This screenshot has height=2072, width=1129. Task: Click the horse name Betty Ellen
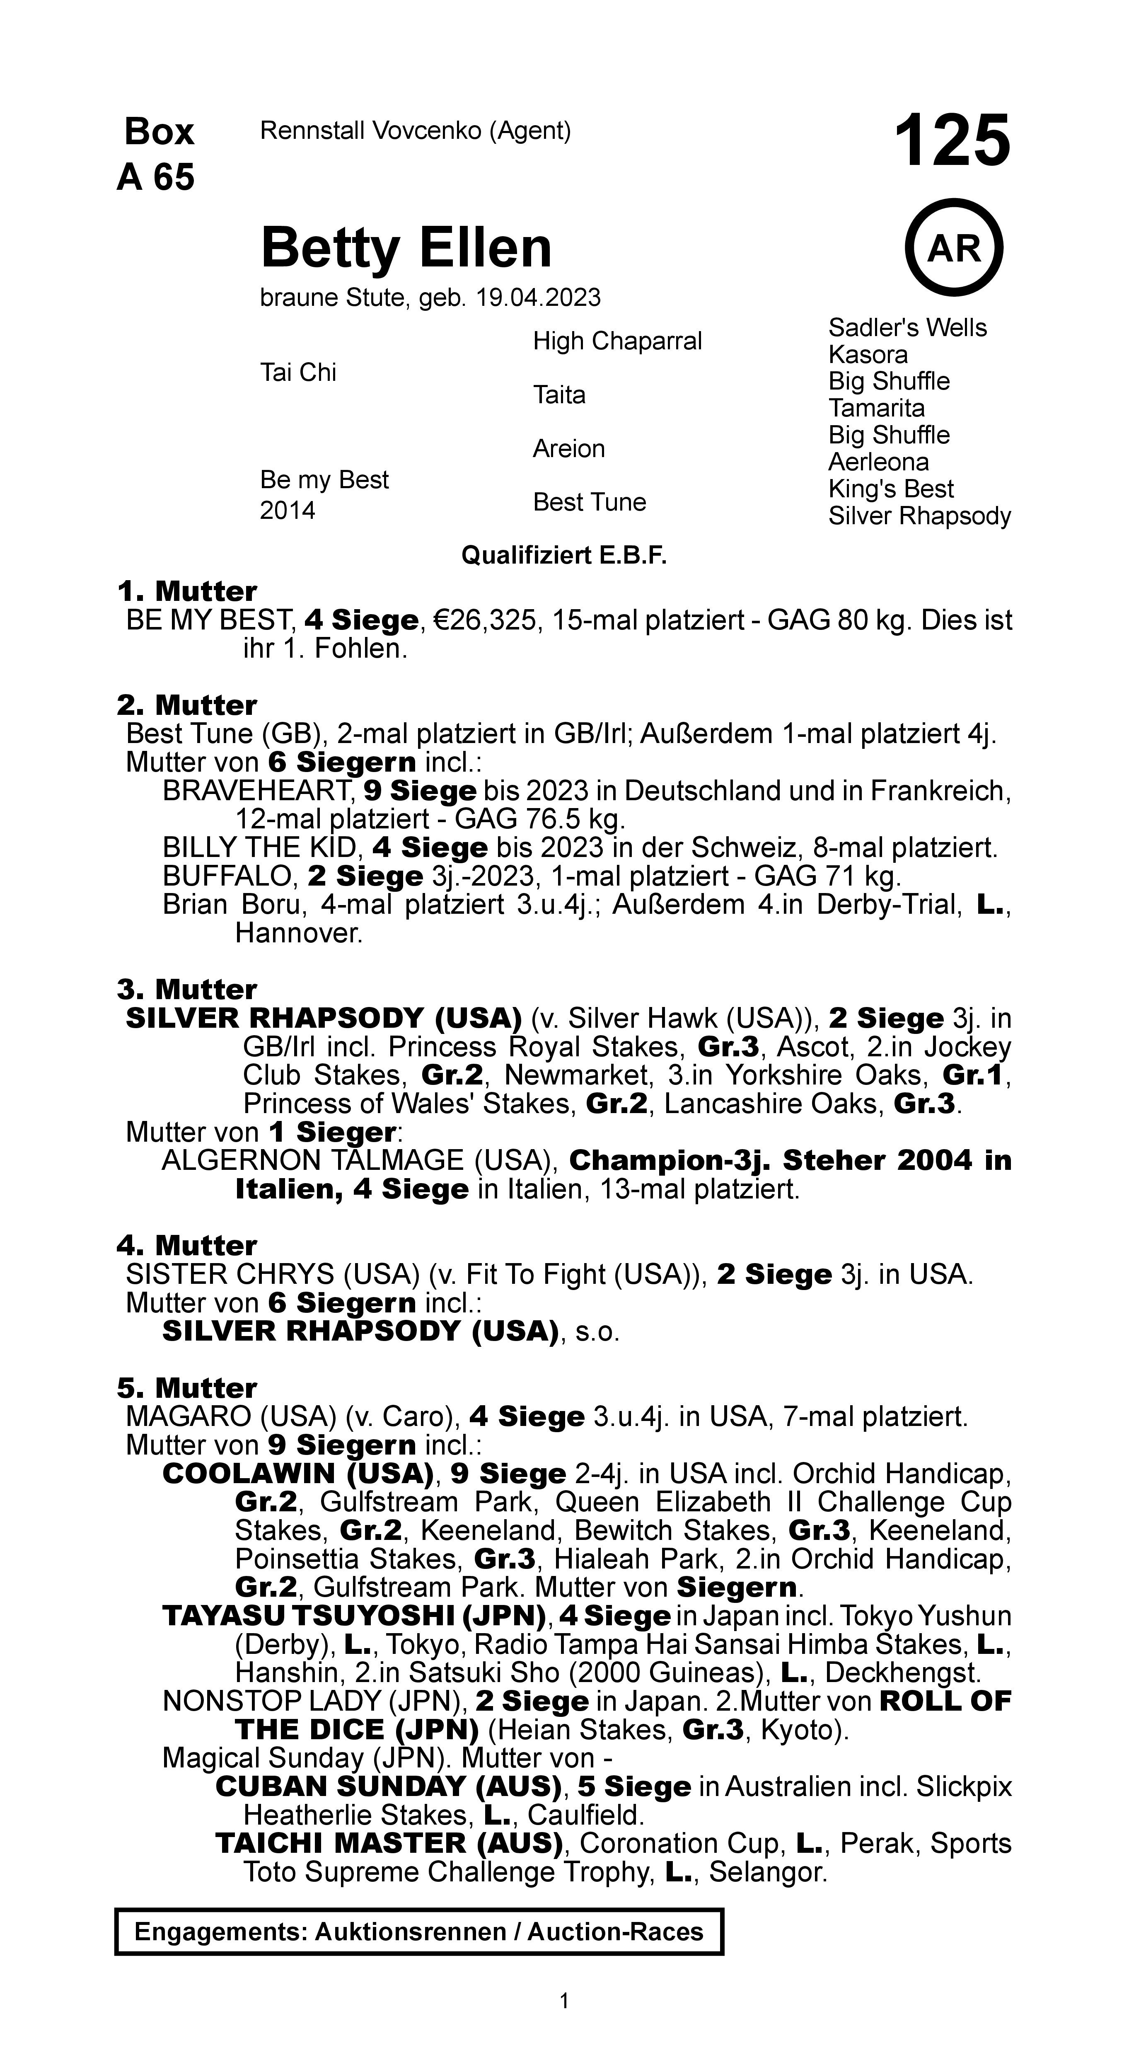[406, 248]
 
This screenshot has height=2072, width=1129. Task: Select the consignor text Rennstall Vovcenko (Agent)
[415, 130]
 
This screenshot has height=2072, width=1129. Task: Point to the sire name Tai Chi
[297, 373]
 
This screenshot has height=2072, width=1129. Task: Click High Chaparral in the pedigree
[617, 341]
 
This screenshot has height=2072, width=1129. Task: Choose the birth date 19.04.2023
[538, 298]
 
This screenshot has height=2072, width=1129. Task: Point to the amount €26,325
[485, 620]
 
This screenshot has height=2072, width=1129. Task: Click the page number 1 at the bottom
[564, 2000]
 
